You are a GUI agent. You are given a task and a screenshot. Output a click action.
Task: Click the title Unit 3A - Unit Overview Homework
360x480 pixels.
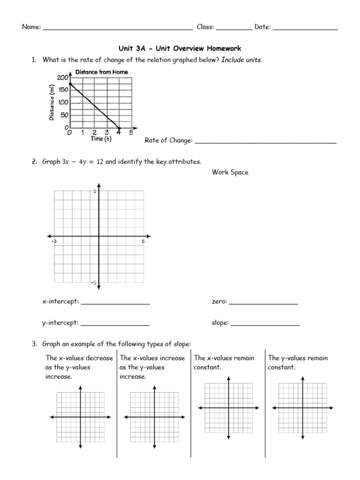click(x=180, y=48)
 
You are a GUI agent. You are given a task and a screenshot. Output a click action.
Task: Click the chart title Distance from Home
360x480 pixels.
click(x=101, y=72)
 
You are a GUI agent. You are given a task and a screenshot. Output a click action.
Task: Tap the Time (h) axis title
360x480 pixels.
click(x=101, y=139)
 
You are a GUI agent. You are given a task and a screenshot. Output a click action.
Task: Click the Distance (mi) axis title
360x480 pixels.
click(x=52, y=103)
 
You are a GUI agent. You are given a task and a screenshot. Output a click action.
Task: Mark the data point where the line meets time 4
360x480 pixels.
click(x=119, y=128)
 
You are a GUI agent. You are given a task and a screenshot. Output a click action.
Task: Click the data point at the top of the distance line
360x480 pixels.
click(x=70, y=84)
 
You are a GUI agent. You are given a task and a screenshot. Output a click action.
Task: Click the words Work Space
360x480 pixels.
click(x=230, y=172)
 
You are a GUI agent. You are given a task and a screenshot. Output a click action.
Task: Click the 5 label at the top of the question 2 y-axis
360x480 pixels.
click(x=94, y=192)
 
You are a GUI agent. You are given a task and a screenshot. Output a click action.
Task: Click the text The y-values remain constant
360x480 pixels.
click(x=298, y=362)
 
